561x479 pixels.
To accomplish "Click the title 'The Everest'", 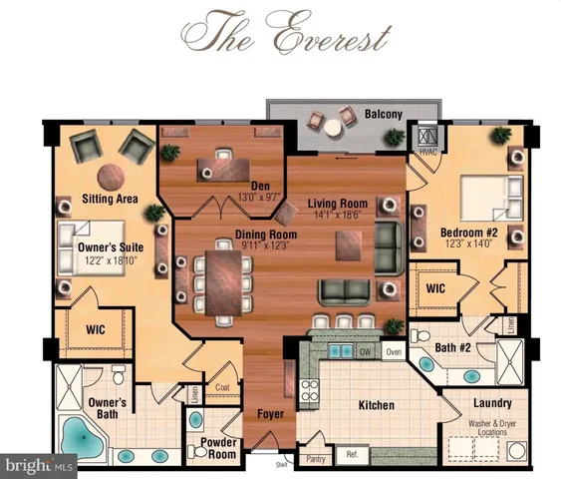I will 280,35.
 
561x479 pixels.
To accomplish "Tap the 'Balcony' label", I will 383,115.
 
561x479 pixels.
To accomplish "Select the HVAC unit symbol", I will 429,138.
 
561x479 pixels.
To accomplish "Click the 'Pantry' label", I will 317,459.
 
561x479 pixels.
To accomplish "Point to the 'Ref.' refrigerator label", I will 352,459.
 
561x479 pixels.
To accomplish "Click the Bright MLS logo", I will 40,465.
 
